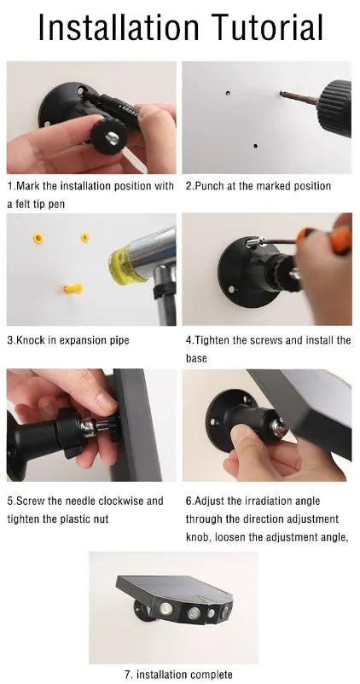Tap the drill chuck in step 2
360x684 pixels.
point(334,107)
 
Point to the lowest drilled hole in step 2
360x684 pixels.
point(255,146)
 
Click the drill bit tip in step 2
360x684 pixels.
point(282,93)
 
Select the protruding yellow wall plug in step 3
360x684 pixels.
point(73,288)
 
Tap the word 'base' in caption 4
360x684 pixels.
point(196,358)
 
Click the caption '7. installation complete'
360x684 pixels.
point(178,675)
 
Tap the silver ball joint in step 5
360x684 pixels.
point(90,427)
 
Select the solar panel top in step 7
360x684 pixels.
point(174,587)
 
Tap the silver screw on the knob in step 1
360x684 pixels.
point(112,138)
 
